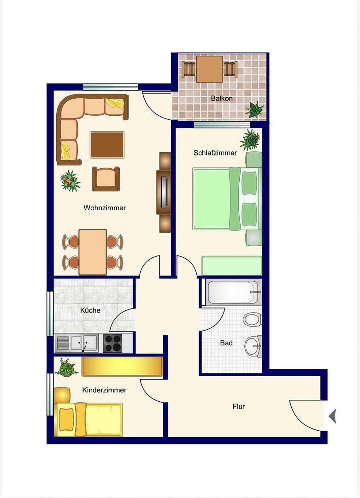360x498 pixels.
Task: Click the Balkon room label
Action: [x=222, y=99]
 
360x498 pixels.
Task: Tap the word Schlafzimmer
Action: [x=215, y=153]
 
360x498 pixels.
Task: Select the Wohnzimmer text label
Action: [x=105, y=207]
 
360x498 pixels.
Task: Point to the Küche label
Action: [x=90, y=310]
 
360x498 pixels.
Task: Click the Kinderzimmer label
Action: [x=104, y=390]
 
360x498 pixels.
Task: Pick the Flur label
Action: [x=239, y=407]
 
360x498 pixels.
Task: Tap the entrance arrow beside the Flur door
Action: [x=332, y=416]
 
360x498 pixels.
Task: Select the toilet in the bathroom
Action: [x=253, y=319]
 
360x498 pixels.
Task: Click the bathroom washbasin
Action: [x=254, y=346]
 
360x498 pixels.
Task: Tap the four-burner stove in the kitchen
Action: [x=112, y=344]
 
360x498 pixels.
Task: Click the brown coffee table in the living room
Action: [x=107, y=145]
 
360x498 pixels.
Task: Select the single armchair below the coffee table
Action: [x=106, y=179]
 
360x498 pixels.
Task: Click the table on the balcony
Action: [x=210, y=69]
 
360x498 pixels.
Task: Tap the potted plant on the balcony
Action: [x=254, y=110]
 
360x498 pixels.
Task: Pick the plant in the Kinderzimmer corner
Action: [x=66, y=368]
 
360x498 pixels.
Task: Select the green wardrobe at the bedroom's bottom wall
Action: [x=232, y=266]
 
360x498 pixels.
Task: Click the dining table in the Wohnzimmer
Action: [x=93, y=252]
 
